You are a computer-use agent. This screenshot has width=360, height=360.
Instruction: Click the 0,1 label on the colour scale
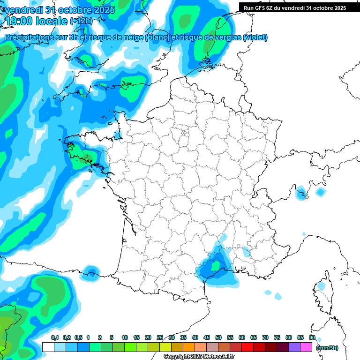(x=55, y=337)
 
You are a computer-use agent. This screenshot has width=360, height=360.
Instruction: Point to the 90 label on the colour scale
(x=312, y=337)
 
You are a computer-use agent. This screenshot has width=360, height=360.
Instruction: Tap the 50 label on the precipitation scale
(x=218, y=337)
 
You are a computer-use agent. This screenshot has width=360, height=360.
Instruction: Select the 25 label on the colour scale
(x=160, y=337)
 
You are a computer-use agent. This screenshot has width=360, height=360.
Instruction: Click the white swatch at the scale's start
(x=48, y=347)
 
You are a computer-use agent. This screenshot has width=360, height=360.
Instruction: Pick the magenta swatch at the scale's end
(x=306, y=347)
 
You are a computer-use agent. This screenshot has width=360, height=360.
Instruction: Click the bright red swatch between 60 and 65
(x=247, y=347)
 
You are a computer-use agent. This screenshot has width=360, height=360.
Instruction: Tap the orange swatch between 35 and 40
(x=189, y=347)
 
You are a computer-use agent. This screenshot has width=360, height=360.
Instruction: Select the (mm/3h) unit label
(x=327, y=347)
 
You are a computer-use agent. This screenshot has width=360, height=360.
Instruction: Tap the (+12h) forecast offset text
(x=81, y=21)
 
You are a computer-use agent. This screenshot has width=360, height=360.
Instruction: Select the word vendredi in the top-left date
(x=22, y=10)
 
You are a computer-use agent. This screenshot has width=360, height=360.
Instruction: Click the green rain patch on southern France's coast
(x=216, y=266)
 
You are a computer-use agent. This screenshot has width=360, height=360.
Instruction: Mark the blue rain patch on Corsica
(x=321, y=285)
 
